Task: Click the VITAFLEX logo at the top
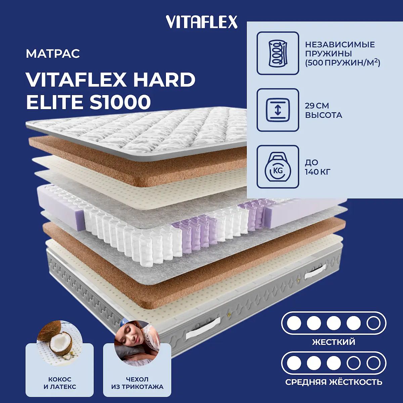(x=201, y=22)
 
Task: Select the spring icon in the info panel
(x=278, y=53)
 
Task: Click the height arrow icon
(x=278, y=110)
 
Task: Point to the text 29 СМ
(x=317, y=106)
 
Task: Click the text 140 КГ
(x=318, y=172)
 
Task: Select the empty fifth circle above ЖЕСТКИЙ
(x=373, y=323)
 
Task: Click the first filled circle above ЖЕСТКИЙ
(x=294, y=323)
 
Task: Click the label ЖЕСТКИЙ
(x=333, y=342)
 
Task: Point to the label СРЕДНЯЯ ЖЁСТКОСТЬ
(x=333, y=382)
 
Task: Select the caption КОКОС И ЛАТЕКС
(x=60, y=383)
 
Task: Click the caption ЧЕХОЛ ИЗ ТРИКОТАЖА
(x=137, y=383)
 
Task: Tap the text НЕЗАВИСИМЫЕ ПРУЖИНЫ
(x=340, y=49)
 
